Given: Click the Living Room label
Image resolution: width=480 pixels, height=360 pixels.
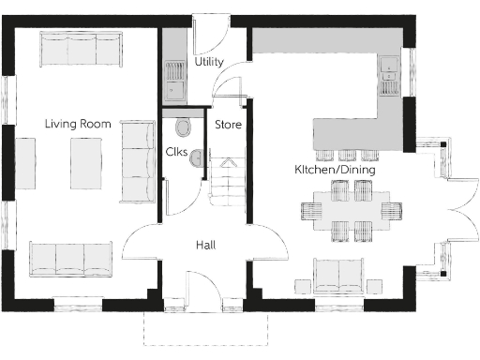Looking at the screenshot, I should tap(79, 124).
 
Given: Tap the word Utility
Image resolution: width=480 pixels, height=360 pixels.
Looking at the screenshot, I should tap(208, 62).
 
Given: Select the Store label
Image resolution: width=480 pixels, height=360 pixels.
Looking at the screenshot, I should tap(228, 124).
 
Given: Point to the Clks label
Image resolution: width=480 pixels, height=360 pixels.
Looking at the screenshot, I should tap(176, 151).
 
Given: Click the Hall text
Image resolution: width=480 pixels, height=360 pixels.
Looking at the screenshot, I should tap(206, 245).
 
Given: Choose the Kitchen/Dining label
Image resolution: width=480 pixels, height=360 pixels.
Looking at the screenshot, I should tap(334, 171).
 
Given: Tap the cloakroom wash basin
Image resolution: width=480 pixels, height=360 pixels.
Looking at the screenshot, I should tap(195, 161).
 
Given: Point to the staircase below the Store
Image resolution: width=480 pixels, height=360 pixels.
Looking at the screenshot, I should tap(229, 181).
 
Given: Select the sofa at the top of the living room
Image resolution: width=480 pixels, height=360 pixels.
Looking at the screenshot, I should tap(81, 50).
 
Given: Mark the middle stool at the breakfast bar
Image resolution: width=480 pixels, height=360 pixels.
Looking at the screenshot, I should tap(347, 154).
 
